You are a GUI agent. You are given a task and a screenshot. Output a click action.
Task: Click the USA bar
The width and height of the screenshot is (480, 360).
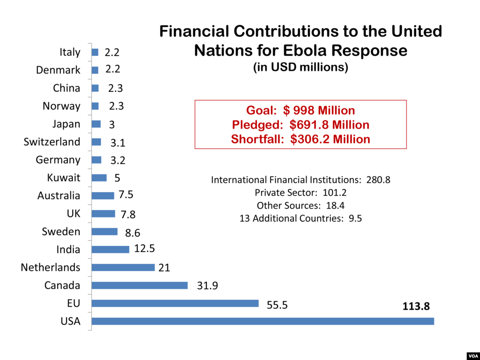262,321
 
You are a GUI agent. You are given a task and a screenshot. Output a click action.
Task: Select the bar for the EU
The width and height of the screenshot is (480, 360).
175,303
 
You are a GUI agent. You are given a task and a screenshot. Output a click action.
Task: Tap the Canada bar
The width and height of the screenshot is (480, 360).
140,285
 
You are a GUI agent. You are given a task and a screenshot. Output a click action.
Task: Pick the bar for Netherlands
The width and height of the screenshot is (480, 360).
123,267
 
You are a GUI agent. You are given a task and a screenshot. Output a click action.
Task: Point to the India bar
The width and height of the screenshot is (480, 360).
111,249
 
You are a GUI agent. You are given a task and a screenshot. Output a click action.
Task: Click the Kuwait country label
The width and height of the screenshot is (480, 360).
64,178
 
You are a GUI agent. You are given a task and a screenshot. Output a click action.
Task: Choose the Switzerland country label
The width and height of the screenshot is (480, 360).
52,142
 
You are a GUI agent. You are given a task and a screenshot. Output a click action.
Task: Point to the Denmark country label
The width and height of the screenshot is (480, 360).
58,70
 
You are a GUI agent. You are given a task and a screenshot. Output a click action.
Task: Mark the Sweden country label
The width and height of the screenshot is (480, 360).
61,232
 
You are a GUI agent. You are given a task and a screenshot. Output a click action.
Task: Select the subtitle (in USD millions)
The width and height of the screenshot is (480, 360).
300,67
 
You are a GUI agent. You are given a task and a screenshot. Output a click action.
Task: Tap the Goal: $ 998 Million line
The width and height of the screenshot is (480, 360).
300,111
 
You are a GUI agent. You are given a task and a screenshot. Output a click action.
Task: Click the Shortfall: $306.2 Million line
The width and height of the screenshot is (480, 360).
300,139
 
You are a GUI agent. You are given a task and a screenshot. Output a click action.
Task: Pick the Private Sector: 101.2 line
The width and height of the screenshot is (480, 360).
300,192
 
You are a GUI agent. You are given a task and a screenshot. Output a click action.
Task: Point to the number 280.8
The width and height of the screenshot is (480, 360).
378,180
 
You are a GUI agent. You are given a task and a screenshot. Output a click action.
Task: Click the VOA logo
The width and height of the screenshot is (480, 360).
472,355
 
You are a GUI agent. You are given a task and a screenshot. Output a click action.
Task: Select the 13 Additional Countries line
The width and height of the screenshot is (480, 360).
300,218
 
